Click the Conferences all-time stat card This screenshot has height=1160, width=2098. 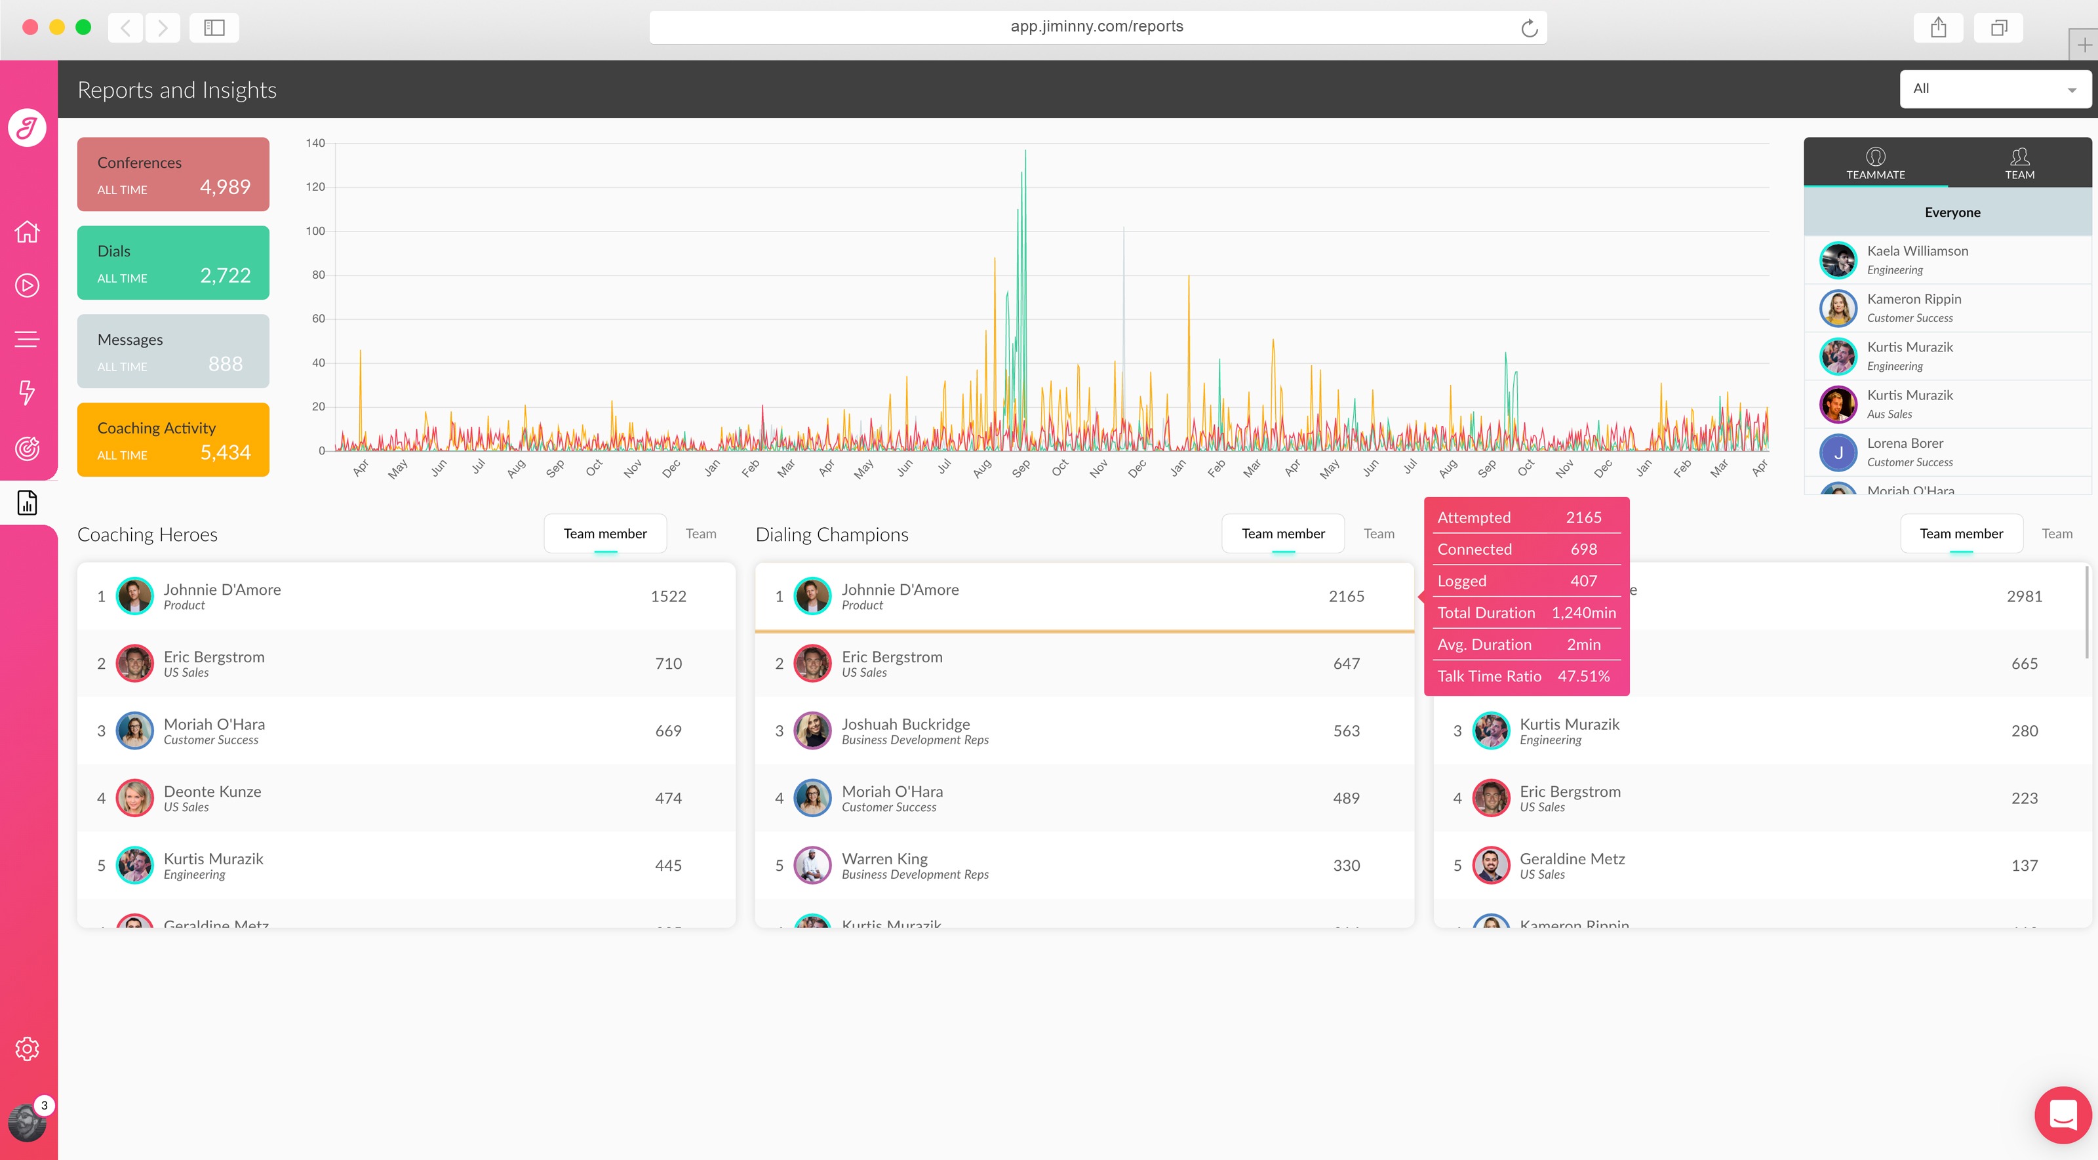pyautogui.click(x=172, y=174)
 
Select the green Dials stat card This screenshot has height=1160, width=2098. pyautogui.click(x=172, y=262)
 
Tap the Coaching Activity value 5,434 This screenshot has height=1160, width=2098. pyautogui.click(x=226, y=453)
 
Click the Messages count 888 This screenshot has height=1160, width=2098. pyautogui.click(x=226, y=364)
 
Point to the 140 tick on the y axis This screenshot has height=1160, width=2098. pyautogui.click(x=315, y=144)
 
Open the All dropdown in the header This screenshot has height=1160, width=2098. pyautogui.click(x=1994, y=89)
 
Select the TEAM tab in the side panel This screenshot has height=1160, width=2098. pyautogui.click(x=2019, y=163)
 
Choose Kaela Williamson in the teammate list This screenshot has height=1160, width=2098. pyautogui.click(x=1917, y=252)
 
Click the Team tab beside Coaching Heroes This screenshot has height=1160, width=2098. pyautogui.click(x=700, y=534)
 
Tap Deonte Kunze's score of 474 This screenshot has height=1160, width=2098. pyautogui.click(x=668, y=798)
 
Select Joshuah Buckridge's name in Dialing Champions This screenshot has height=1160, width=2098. pyautogui.click(x=905, y=724)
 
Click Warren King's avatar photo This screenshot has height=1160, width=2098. pyautogui.click(x=812, y=865)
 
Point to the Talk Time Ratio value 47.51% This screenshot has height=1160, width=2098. pyautogui.click(x=1583, y=676)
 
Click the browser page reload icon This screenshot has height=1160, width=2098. pyautogui.click(x=1529, y=28)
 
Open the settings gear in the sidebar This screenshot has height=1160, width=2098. pyautogui.click(x=27, y=1049)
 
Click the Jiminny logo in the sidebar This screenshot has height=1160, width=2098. pyautogui.click(x=27, y=128)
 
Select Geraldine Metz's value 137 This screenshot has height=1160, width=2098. pyautogui.click(x=2024, y=865)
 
